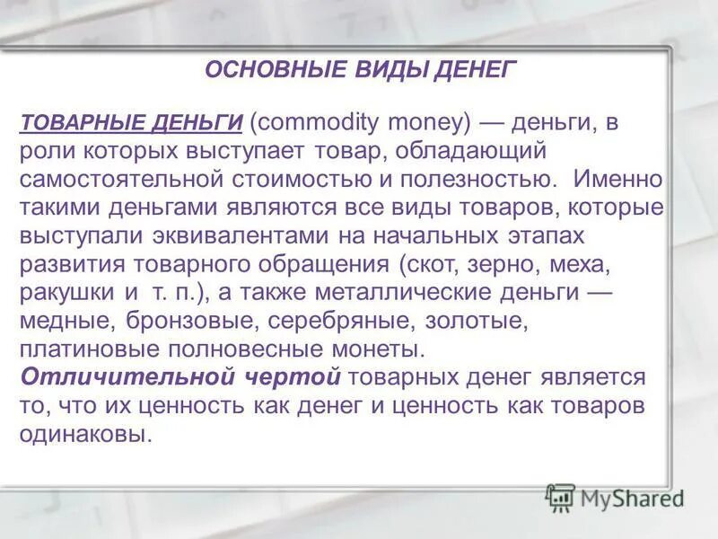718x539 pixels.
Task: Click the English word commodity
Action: pyautogui.click(x=319, y=122)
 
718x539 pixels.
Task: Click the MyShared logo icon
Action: pyautogui.click(x=560, y=497)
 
